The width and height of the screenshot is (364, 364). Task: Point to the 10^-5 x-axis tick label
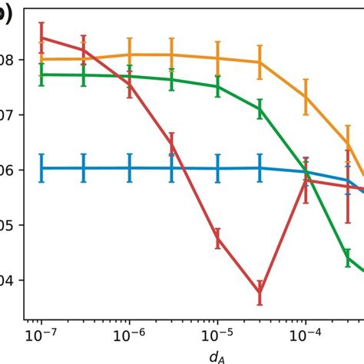217,335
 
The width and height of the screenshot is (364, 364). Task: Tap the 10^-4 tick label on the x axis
306,335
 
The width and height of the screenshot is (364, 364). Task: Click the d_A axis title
217,356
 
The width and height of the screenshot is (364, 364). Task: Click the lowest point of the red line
260,293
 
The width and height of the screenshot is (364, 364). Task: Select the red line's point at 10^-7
41,37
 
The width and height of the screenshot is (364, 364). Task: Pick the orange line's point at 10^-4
306,97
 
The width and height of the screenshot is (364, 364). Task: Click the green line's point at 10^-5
217,86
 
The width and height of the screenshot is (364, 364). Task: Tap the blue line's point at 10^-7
41,167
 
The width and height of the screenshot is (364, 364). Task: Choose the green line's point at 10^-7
41,74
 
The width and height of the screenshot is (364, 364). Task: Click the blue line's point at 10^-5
217,168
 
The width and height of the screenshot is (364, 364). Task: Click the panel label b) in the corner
6,17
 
